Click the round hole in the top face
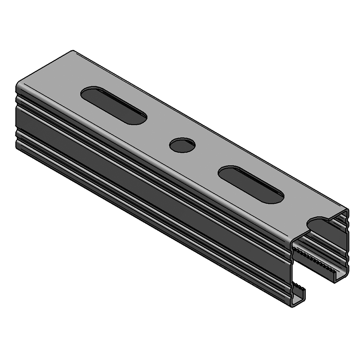182,145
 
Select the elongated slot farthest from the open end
114,105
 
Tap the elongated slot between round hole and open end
251,184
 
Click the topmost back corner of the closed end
72,51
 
